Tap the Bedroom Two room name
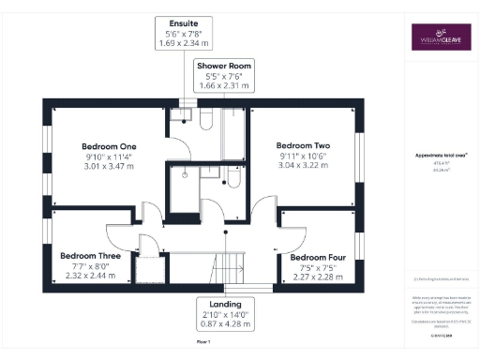tap(303, 145)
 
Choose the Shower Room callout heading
tap(222, 66)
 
